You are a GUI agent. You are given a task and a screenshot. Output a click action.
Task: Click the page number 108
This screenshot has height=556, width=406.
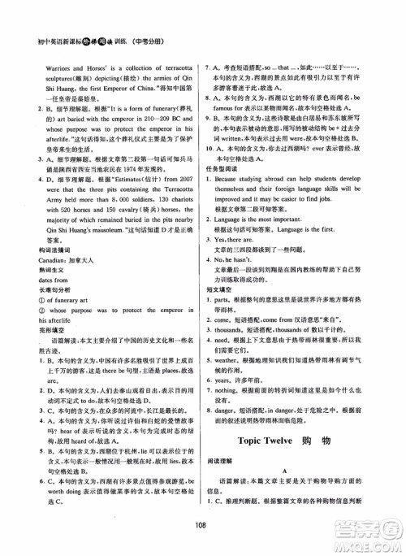(x=203, y=523)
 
